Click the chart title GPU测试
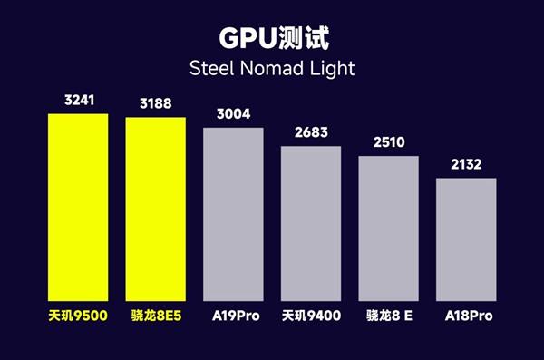pyautogui.click(x=272, y=38)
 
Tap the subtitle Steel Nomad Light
pyautogui.click(x=272, y=69)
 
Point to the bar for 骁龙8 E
pyautogui.click(x=388, y=229)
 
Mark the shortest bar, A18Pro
pyautogui.click(x=466, y=239)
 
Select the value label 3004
pyautogui.click(x=233, y=113)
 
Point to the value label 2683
pyautogui.click(x=311, y=132)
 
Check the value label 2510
pyautogui.click(x=388, y=142)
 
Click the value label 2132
pyautogui.click(x=466, y=164)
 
